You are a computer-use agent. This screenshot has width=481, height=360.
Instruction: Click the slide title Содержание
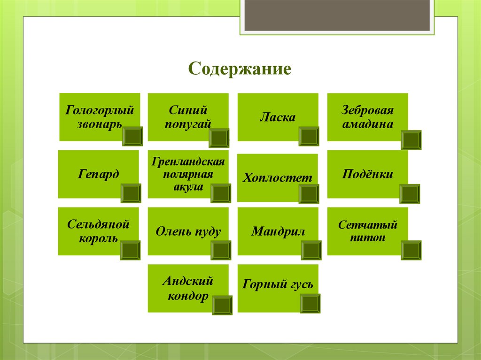tap(240, 69)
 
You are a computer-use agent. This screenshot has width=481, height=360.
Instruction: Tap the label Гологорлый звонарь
tap(100, 117)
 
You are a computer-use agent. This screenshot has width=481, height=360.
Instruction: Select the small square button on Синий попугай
tap(219, 138)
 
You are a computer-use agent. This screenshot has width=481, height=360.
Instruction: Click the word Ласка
tap(278, 117)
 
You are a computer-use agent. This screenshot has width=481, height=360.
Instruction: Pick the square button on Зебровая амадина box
tap(411, 140)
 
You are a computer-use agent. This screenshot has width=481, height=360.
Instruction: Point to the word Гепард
tap(99, 174)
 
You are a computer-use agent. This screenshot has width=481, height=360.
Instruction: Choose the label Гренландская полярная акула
tap(188, 174)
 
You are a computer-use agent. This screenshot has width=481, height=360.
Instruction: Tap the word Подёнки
tap(367, 174)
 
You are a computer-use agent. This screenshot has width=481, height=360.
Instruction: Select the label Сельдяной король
tap(98, 230)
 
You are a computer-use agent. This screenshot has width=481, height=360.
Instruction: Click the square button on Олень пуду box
tap(221, 250)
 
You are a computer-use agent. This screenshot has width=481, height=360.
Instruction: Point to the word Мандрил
tap(278, 231)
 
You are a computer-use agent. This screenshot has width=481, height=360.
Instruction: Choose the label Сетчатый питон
tap(368, 230)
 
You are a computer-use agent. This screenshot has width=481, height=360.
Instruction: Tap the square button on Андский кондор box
tap(222, 305)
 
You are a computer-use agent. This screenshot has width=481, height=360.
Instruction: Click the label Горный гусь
tap(278, 284)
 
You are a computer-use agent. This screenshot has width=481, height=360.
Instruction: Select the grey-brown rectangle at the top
tap(337, 15)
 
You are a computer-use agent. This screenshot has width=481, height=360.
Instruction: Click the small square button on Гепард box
tap(131, 193)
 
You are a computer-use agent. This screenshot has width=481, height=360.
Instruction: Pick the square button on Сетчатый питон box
tap(411, 250)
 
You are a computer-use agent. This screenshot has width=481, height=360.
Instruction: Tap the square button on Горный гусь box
tap(310, 303)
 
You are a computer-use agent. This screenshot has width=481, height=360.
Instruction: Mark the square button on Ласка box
tap(309, 136)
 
